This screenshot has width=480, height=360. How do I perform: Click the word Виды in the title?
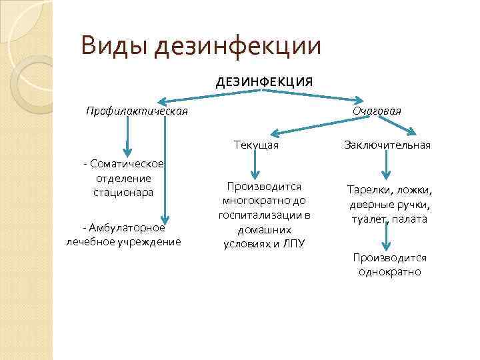[x=113, y=45]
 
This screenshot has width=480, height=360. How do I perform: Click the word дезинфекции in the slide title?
[x=237, y=45]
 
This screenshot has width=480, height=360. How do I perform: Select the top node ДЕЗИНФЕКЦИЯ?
[x=263, y=82]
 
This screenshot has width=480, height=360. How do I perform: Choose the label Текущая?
[x=256, y=145]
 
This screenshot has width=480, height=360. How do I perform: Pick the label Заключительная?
[x=387, y=145]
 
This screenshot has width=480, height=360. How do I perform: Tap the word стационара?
[x=123, y=192]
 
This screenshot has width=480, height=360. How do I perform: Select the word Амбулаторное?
[x=127, y=227]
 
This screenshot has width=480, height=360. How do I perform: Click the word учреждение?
[x=150, y=241]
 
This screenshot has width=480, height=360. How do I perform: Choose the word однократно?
[x=389, y=272]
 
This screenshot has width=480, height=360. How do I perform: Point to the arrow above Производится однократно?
[x=385, y=237]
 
